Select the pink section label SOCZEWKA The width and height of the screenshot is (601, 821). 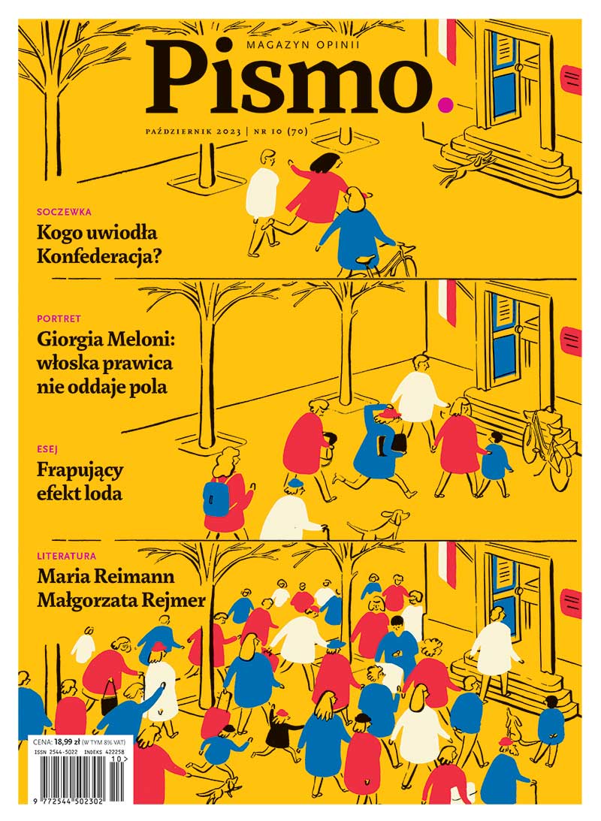(x=65, y=212)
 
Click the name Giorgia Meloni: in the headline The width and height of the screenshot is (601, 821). (x=105, y=340)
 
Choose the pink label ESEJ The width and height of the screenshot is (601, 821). (x=47, y=448)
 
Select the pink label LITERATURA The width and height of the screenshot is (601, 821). (x=67, y=556)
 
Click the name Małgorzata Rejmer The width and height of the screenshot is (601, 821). (x=122, y=600)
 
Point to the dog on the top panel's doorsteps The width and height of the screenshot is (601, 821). (x=466, y=167)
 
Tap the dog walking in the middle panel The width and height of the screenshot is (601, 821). (x=378, y=524)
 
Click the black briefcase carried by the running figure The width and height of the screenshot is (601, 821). (x=398, y=442)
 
